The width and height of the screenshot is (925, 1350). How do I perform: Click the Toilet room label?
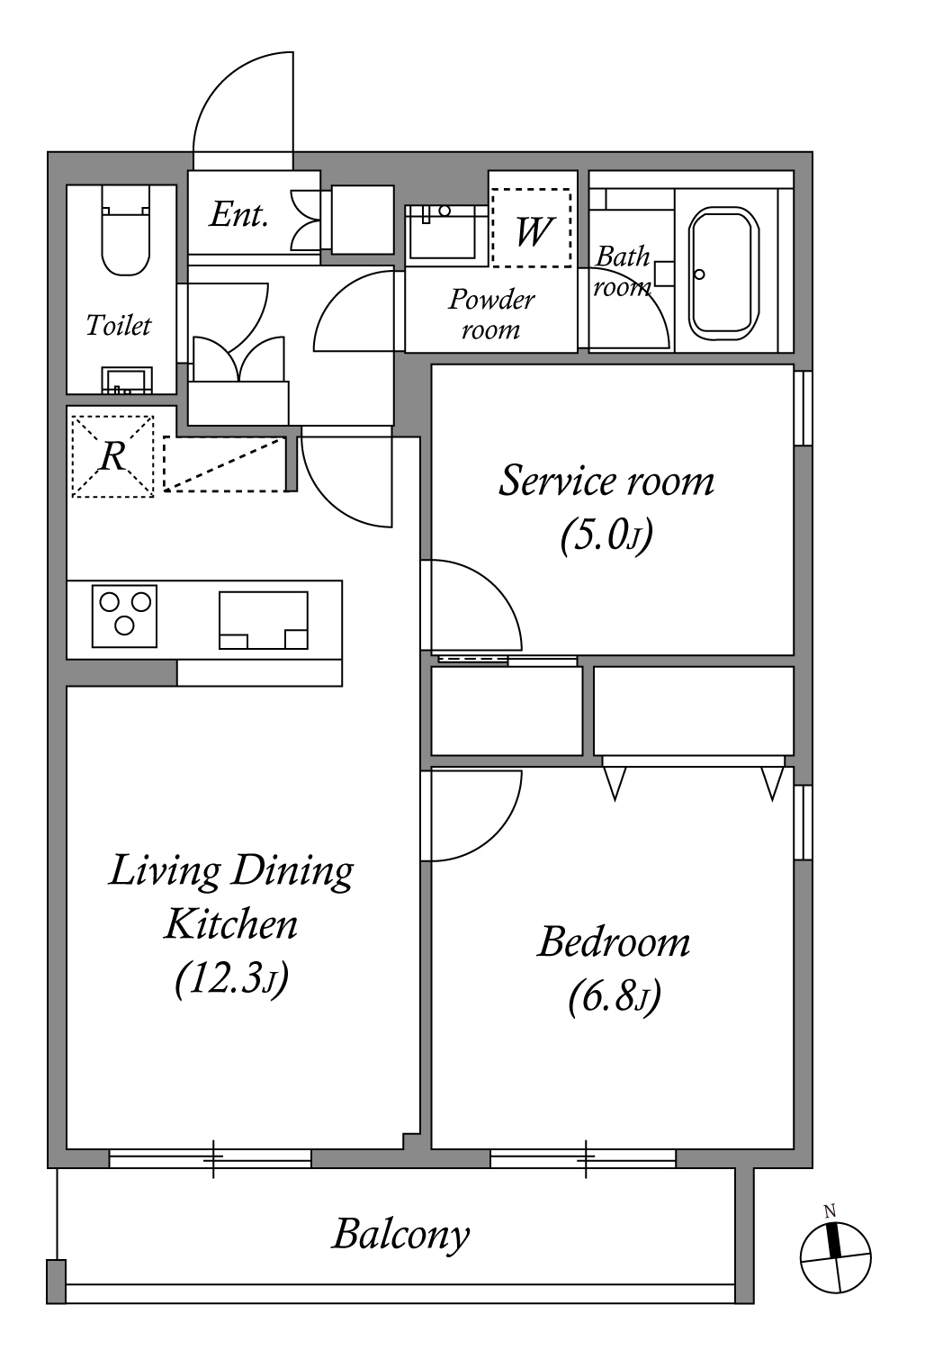[x=118, y=326]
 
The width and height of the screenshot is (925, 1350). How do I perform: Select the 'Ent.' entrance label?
[x=238, y=215]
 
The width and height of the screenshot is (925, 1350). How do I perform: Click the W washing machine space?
[x=532, y=227]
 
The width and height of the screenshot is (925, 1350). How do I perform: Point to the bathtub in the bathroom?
[x=723, y=274]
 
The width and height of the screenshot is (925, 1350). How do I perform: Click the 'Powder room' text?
[x=491, y=314]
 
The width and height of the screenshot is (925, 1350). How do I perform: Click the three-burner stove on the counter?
[x=125, y=616]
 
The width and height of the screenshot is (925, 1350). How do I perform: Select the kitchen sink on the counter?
[x=264, y=620]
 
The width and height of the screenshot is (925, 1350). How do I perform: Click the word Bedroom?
[x=614, y=942]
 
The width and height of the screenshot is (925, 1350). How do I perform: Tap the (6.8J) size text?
[x=614, y=997]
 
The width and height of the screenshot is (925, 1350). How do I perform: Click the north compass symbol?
[x=835, y=1257]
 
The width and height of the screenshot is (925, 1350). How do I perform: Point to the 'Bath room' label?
[x=623, y=272]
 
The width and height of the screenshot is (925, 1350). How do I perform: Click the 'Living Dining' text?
[x=231, y=872]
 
